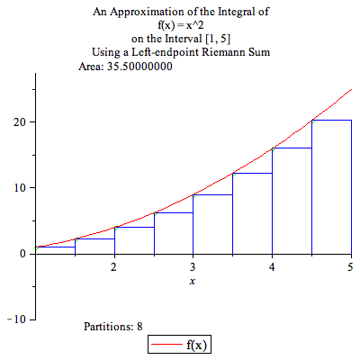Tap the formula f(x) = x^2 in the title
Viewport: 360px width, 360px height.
coord(180,25)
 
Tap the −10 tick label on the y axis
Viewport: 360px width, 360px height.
coord(15,319)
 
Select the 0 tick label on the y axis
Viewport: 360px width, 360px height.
coord(22,254)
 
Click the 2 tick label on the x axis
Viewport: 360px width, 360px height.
coord(113,268)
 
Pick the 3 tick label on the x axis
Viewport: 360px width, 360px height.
coord(193,268)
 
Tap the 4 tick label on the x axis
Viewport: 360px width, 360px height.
coord(272,268)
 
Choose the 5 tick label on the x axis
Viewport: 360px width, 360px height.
coord(350,268)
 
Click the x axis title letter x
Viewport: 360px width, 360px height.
coord(193,282)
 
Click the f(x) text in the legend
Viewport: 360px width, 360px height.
coord(199,345)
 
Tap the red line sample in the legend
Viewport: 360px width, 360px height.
coord(166,345)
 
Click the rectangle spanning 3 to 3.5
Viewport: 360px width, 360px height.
coord(212,224)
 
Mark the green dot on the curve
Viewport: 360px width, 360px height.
coord(76,239)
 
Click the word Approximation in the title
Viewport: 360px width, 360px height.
coord(170,12)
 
